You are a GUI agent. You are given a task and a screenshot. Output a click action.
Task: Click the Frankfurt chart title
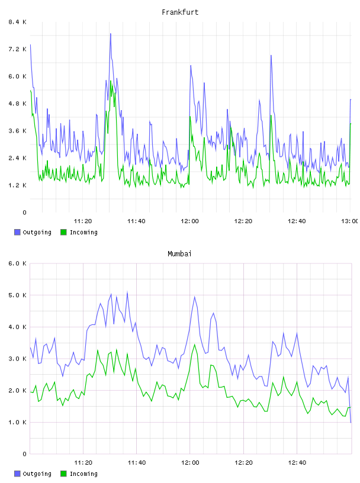point(180,12)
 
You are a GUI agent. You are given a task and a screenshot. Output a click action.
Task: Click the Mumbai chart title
point(179,254)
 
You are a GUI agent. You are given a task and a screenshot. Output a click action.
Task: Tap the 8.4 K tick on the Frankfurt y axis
point(17,22)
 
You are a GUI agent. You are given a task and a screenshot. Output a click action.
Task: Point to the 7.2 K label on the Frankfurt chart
point(17,49)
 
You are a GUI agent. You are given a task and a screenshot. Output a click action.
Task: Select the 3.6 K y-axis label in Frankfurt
point(17,131)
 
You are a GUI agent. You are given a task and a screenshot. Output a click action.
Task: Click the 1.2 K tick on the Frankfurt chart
point(17,185)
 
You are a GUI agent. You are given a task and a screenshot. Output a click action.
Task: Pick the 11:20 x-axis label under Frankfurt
point(83,221)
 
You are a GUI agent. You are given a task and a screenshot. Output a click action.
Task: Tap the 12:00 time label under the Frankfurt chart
point(190,221)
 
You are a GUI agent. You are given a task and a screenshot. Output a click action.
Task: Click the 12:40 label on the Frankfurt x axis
point(297,221)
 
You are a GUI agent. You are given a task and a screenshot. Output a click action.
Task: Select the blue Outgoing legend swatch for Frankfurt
point(17,232)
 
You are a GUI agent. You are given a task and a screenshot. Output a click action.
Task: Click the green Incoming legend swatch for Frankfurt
point(63,232)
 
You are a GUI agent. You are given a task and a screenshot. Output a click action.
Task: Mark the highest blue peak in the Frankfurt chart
point(110,34)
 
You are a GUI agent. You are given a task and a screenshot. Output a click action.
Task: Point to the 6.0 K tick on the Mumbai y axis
point(17,263)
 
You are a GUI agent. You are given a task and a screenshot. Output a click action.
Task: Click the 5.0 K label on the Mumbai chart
point(17,295)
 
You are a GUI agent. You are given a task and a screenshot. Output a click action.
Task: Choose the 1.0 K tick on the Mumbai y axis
point(17,422)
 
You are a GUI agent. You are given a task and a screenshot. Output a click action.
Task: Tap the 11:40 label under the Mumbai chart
point(137,463)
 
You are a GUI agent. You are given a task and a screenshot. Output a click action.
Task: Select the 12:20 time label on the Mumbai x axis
point(243,463)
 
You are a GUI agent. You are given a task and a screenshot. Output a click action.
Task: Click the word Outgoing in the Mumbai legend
point(37,474)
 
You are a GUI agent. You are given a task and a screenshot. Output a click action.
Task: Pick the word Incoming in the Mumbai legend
point(83,474)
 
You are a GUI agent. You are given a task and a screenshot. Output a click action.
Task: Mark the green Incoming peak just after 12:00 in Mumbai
point(194,344)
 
